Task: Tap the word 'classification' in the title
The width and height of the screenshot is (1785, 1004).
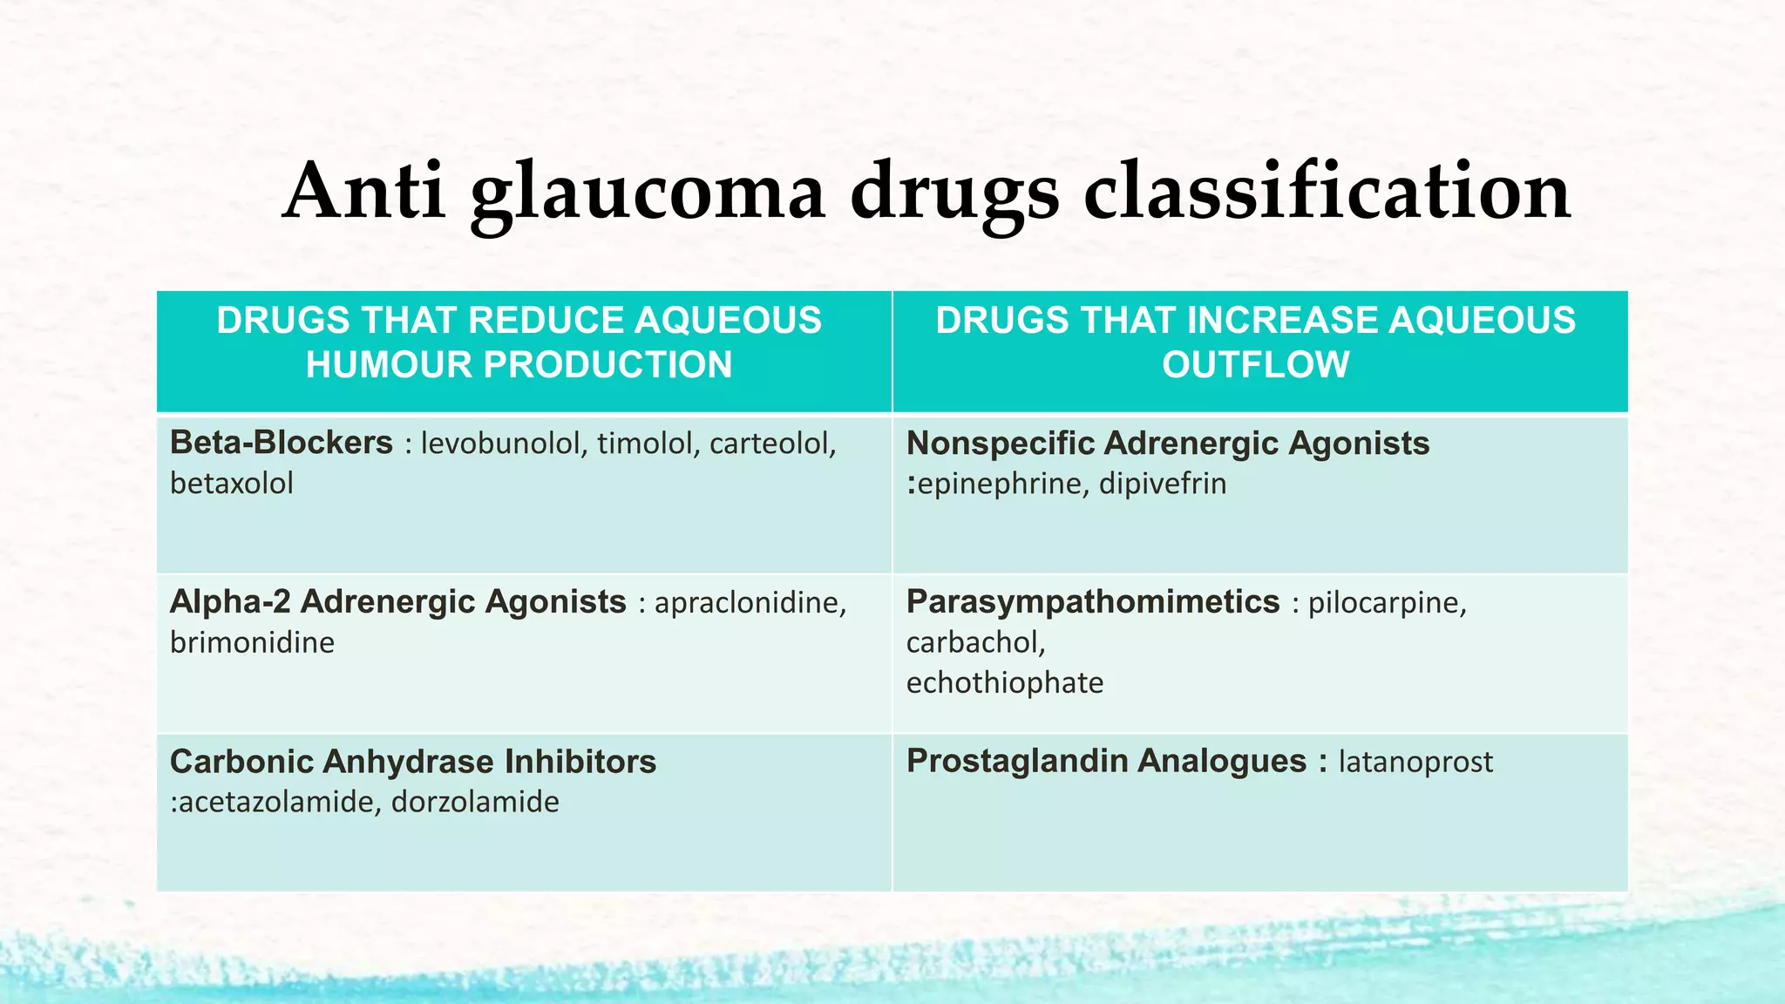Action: (x=1327, y=191)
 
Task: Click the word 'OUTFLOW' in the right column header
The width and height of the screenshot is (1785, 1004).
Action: (x=1255, y=364)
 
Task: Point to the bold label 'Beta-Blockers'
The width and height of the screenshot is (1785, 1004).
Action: (x=281, y=443)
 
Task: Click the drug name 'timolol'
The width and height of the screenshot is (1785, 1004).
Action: (x=646, y=444)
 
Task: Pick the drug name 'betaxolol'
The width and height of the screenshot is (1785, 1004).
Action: (x=232, y=483)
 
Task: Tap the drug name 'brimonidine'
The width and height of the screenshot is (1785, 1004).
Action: (x=252, y=642)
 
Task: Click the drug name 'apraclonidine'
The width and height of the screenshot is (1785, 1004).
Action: (x=750, y=602)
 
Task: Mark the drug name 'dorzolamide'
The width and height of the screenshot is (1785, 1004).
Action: (x=475, y=802)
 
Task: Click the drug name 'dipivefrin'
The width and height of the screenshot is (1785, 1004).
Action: (x=1162, y=483)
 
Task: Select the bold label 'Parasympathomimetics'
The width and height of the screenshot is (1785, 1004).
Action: (x=1093, y=601)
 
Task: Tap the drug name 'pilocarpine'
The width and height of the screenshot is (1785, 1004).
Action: (x=1387, y=602)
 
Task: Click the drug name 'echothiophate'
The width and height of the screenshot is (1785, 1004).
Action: (x=1005, y=682)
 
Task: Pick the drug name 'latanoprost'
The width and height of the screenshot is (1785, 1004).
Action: (x=1415, y=762)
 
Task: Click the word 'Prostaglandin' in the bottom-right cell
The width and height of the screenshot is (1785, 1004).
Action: (x=1016, y=761)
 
